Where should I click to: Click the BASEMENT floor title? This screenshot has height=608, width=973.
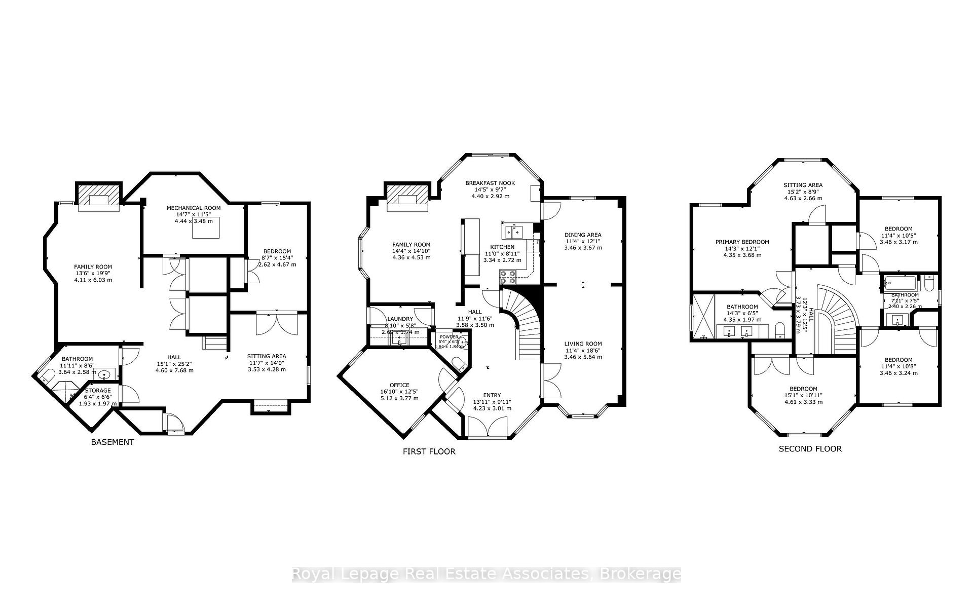point(113,442)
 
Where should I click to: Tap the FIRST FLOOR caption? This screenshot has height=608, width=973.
point(429,451)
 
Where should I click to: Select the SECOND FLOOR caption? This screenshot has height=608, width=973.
point(810,449)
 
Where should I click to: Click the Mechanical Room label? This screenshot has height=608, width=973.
point(194,208)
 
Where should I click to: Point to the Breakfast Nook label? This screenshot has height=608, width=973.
point(490,183)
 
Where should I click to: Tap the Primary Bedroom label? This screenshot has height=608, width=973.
point(742,242)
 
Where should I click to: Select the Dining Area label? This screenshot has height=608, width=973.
point(583,235)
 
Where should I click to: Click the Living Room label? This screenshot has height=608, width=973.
point(583,344)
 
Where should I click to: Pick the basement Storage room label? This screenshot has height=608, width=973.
point(98,391)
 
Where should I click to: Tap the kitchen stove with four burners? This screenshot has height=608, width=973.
point(508,277)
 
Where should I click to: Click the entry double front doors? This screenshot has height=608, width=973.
point(487,427)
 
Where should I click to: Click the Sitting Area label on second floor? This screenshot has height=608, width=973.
point(803,185)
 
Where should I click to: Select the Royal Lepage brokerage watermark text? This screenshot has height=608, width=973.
point(486,574)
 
